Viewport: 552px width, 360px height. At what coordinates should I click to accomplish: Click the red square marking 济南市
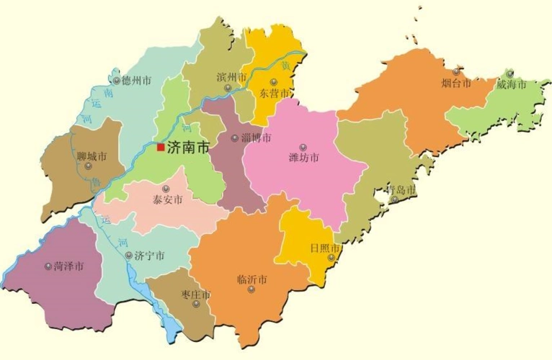161,148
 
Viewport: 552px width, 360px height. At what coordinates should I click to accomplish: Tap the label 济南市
188,148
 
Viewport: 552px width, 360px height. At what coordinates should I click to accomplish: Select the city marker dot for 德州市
117,80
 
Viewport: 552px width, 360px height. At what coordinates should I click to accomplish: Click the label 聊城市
92,156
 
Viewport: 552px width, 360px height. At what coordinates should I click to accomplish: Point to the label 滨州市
231,76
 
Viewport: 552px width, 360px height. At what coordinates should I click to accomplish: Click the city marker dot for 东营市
274,81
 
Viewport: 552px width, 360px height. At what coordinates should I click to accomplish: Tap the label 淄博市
256,138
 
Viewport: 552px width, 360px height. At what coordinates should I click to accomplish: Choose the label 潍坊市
303,158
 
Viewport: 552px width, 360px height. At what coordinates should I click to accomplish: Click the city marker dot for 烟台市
456,72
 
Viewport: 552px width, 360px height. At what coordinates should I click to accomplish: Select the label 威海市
512,84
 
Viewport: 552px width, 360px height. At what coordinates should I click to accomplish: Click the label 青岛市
401,190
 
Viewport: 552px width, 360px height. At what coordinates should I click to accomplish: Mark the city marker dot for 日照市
331,257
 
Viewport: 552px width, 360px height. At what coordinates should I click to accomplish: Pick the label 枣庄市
196,295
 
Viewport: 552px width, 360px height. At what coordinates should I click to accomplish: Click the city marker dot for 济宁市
129,256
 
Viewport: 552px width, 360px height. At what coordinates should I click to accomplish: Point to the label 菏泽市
68,266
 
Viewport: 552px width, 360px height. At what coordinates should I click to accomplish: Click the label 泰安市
167,199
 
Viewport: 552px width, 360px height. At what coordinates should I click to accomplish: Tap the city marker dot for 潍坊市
303,147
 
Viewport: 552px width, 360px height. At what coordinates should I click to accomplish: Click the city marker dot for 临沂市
251,289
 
